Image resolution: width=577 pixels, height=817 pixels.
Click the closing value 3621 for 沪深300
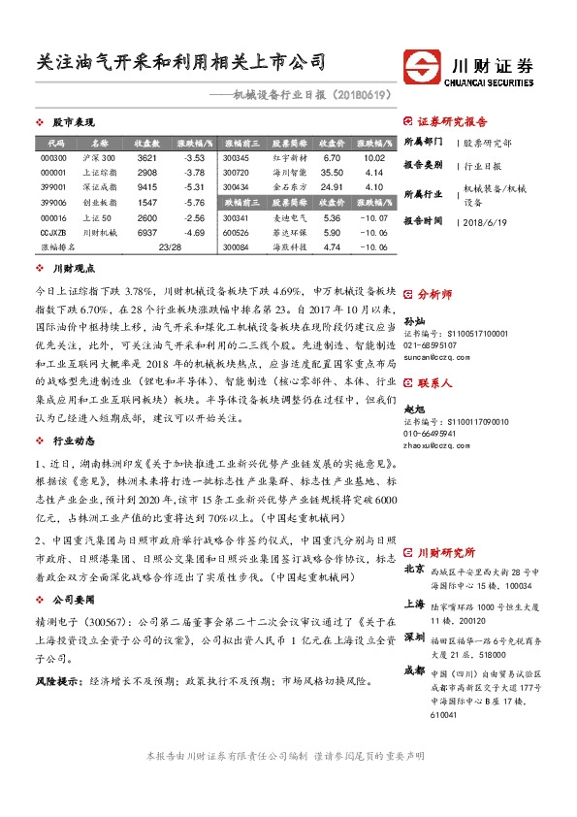[x=147, y=157]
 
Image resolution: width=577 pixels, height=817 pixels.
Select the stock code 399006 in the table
[x=53, y=203]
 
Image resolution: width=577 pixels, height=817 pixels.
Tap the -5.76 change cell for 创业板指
[x=194, y=203]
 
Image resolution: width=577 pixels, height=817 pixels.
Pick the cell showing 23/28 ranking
[x=170, y=248]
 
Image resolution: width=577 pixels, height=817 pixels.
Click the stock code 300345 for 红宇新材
[x=236, y=157]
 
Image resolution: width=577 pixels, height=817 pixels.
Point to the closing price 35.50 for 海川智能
[x=332, y=172]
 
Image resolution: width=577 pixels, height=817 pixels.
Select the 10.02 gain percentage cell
[x=374, y=157]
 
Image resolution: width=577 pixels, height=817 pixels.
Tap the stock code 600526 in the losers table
[x=236, y=233]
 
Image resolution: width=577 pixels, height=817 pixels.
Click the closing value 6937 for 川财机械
[x=147, y=233]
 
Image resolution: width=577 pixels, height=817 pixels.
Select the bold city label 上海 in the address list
[x=413, y=603]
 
